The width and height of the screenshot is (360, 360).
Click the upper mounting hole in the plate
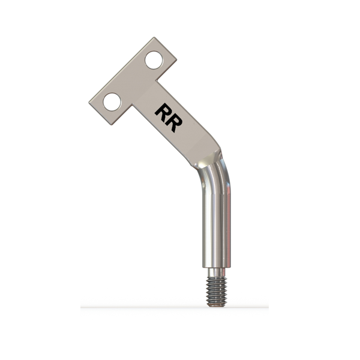154,60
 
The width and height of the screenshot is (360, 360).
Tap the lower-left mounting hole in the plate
112,102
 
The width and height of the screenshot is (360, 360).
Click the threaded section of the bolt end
217,291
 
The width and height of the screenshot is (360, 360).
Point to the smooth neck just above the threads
217,272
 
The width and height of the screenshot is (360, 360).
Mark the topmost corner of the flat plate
154,37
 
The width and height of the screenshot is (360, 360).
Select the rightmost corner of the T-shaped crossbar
176,60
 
